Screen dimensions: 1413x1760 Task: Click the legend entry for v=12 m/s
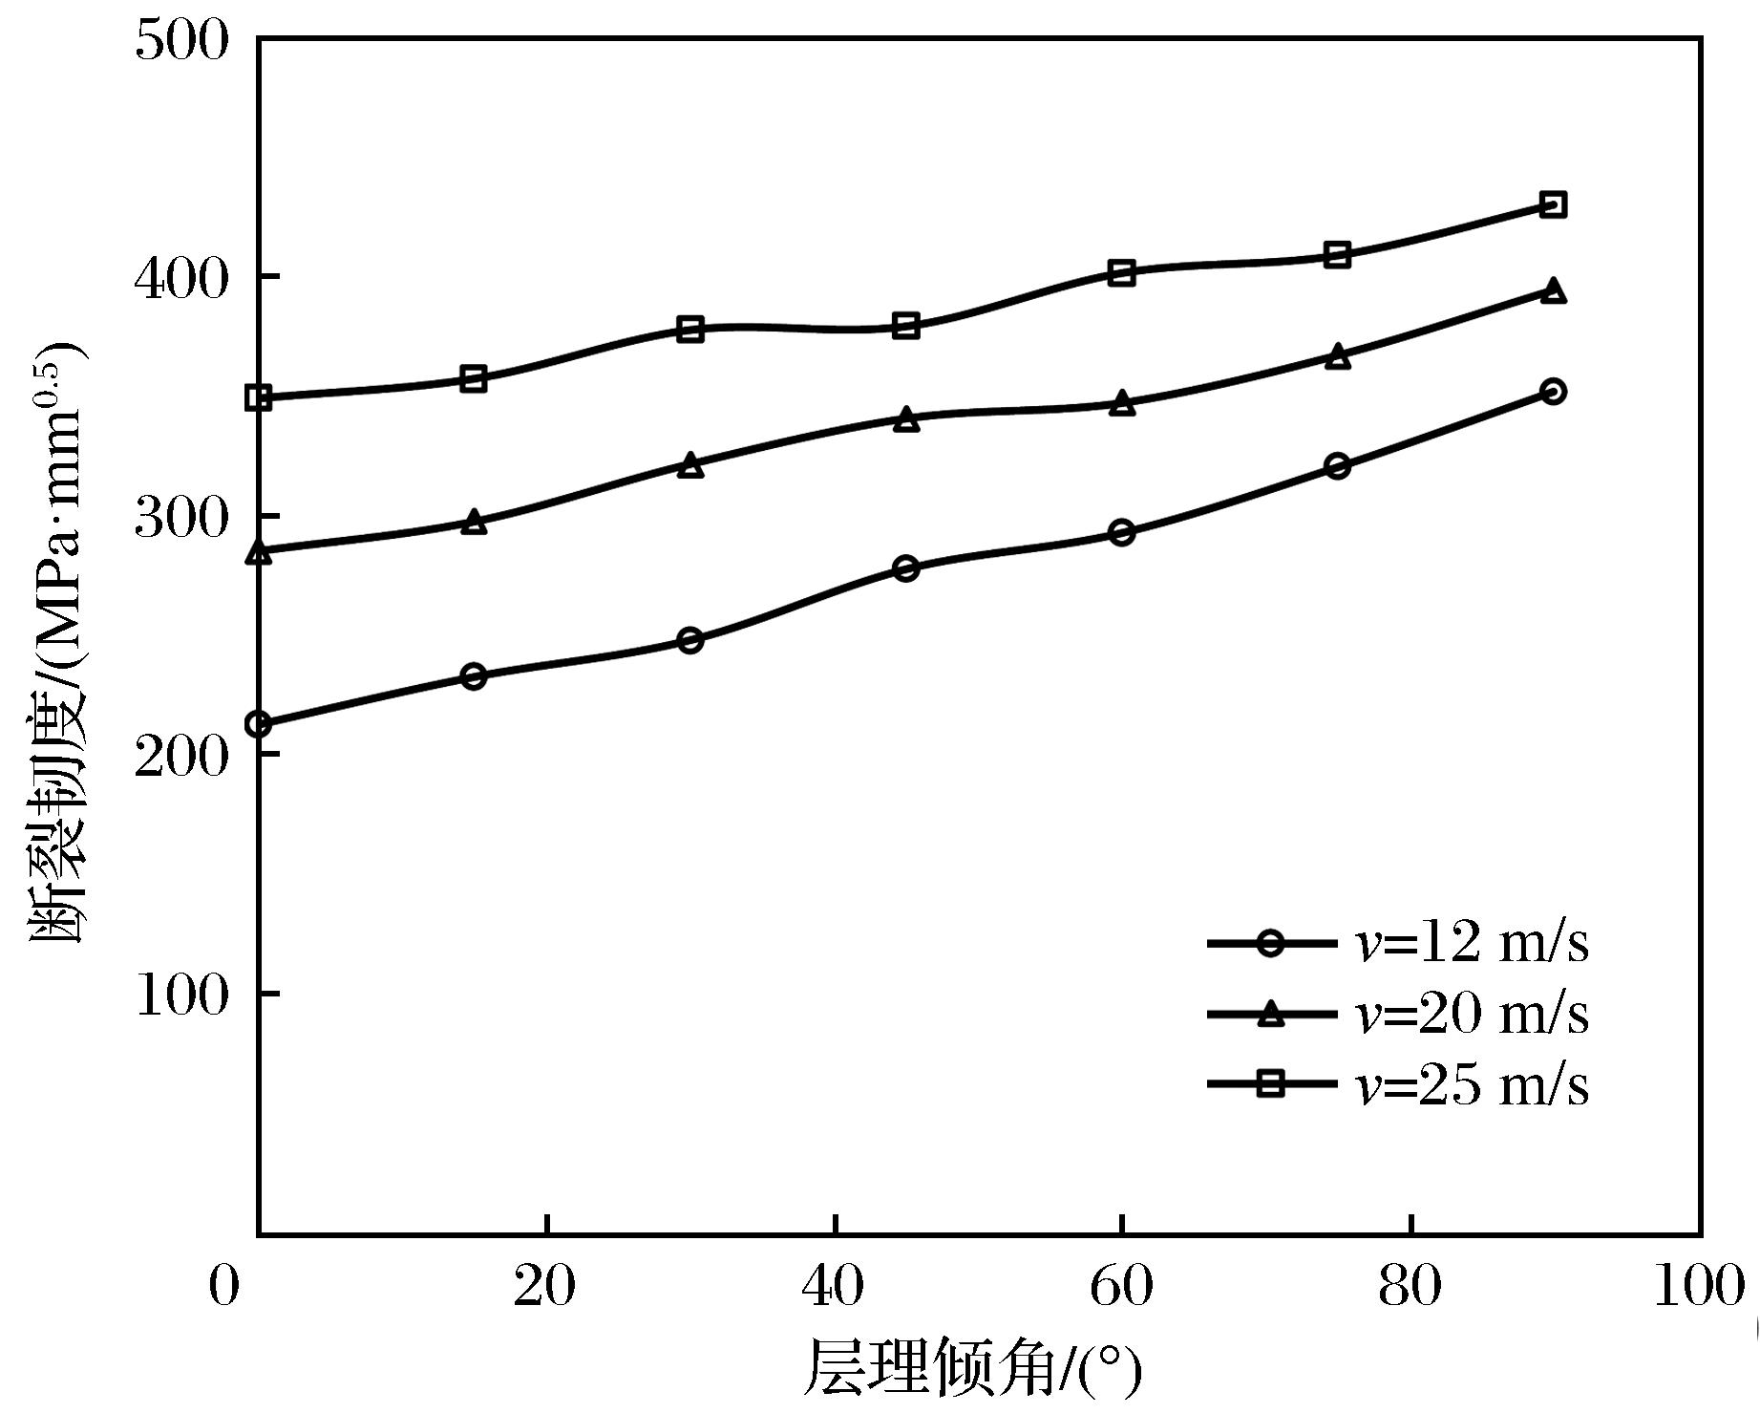[x=1399, y=944]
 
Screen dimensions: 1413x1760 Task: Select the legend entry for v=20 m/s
[x=1399, y=1014]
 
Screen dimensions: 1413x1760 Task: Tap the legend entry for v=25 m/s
[x=1399, y=1084]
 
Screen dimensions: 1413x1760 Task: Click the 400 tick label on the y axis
[x=182, y=278]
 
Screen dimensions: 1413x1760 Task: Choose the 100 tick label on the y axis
[x=182, y=996]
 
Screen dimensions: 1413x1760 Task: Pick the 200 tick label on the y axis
[x=182, y=756]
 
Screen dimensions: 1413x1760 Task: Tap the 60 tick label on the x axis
[x=1122, y=1287]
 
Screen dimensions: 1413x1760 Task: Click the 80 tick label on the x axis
[x=1410, y=1287]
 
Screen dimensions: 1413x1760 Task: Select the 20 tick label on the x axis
[x=545, y=1287]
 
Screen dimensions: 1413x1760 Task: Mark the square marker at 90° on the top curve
[x=1553, y=204]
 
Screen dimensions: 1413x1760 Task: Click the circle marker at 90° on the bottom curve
[x=1553, y=392]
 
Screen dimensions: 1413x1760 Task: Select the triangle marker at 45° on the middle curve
[x=906, y=419]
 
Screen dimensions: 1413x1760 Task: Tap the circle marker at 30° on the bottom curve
[x=690, y=640]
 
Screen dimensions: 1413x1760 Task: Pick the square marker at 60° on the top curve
[x=1122, y=273]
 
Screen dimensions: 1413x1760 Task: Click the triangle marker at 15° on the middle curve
[x=474, y=523]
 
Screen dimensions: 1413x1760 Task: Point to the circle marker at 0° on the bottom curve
[x=259, y=725]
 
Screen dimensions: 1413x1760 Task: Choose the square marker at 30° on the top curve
[x=690, y=330]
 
